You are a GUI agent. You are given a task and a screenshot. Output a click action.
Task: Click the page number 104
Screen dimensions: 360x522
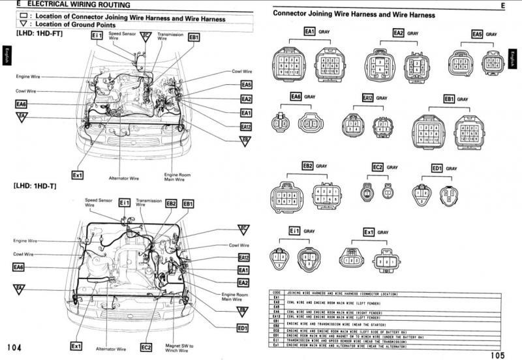coord(14,348)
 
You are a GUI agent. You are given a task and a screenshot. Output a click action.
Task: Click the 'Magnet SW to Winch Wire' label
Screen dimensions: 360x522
coord(180,348)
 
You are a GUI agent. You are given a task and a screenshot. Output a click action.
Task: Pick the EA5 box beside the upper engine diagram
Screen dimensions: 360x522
coord(246,85)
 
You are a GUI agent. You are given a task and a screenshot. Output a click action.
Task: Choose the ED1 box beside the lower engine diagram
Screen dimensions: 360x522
coord(243,328)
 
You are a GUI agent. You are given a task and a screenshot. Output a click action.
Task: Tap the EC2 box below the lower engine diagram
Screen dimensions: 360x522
coord(146,346)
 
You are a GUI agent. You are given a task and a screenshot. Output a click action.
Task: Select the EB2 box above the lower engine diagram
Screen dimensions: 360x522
coord(170,203)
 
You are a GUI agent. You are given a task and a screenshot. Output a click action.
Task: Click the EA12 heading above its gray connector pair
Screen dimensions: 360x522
coord(367,98)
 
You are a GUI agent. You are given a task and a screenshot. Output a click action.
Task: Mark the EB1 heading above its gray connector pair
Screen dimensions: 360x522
coord(449,98)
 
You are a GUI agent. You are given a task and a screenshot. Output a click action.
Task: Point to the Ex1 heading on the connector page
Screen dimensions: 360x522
coord(368,232)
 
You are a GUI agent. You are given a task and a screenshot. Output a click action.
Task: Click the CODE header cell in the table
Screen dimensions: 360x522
coord(277,293)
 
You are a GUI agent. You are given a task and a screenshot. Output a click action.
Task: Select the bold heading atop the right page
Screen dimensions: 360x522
coord(354,14)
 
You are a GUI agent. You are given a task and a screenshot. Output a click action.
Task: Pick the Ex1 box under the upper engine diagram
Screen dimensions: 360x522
coord(78,175)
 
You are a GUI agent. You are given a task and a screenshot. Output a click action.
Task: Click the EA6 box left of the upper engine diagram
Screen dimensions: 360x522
coord(22,104)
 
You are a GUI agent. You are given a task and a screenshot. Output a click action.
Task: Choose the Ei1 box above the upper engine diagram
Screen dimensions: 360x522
coord(97,35)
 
